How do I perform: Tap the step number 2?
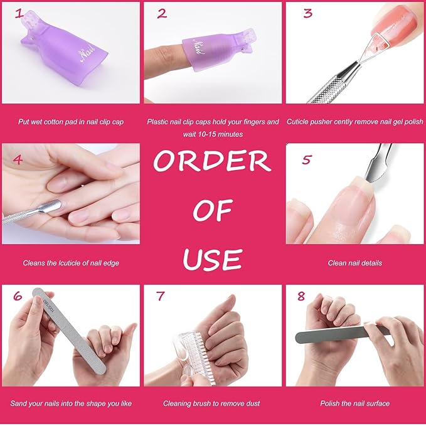tap(162, 13)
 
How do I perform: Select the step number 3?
tap(307, 13)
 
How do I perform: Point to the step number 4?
tap(18, 159)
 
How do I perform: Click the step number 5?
tap(306, 160)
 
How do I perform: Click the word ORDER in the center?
tap(212, 161)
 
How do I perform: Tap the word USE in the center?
tap(212, 258)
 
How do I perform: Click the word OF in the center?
tap(212, 211)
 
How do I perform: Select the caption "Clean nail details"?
tap(354, 263)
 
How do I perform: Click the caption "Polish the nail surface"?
tap(354, 403)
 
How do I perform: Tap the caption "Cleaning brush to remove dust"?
tap(211, 403)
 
